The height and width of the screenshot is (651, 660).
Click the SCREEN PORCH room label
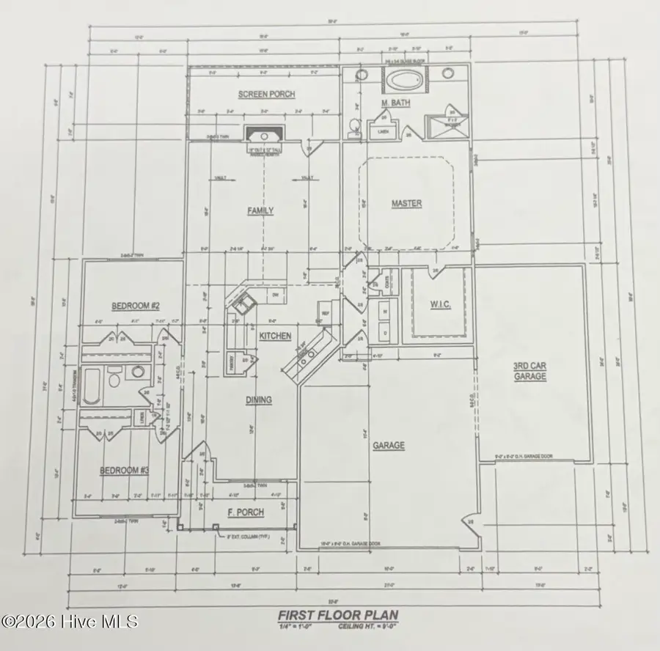(x=257, y=94)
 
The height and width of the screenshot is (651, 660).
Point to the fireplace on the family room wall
(x=262, y=136)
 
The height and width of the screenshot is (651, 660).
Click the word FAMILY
(x=260, y=210)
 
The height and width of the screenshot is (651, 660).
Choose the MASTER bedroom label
(x=406, y=203)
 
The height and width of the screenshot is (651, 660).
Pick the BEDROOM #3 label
(x=124, y=470)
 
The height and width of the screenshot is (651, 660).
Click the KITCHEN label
(x=275, y=336)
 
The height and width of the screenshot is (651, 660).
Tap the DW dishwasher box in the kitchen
(x=275, y=295)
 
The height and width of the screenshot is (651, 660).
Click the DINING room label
(x=258, y=400)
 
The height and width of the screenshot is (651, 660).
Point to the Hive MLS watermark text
(x=70, y=622)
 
